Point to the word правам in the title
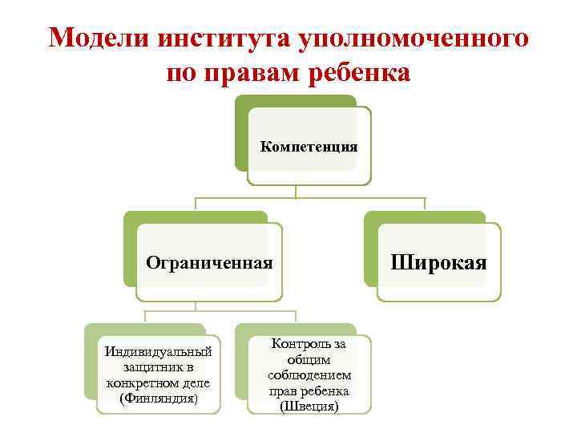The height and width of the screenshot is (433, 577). [256, 74]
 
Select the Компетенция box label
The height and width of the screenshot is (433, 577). [309, 147]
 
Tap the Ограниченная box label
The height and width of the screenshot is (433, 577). [209, 263]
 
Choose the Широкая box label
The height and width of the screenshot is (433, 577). [438, 262]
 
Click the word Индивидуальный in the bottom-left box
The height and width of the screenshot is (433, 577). [158, 350]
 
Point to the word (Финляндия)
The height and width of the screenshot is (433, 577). [158, 398]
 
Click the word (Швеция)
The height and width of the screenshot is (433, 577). [309, 407]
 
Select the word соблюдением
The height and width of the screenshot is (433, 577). [309, 375]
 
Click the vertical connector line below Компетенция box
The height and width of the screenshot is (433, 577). [296, 191]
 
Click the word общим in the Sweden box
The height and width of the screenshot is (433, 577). [309, 359]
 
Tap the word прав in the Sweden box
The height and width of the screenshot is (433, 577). [283, 391]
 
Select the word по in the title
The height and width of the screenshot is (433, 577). [181, 74]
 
